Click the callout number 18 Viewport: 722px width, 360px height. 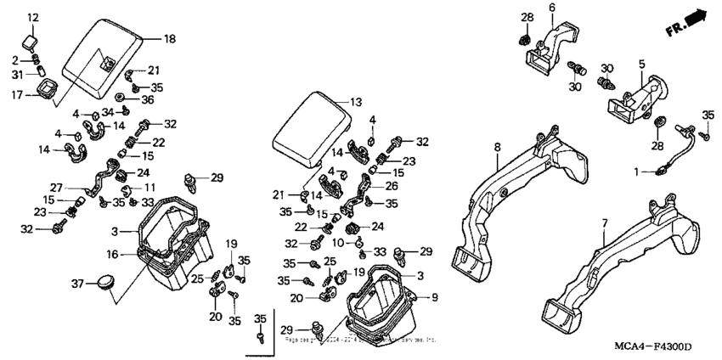(169, 39)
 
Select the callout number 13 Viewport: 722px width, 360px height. (354, 101)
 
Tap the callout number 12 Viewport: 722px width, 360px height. (33, 18)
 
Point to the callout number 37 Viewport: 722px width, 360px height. (77, 283)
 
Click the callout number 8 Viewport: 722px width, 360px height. (498, 147)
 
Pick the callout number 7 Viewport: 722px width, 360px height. (604, 223)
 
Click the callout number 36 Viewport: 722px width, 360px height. (149, 99)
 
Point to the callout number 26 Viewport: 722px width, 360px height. (392, 187)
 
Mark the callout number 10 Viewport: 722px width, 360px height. (338, 242)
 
